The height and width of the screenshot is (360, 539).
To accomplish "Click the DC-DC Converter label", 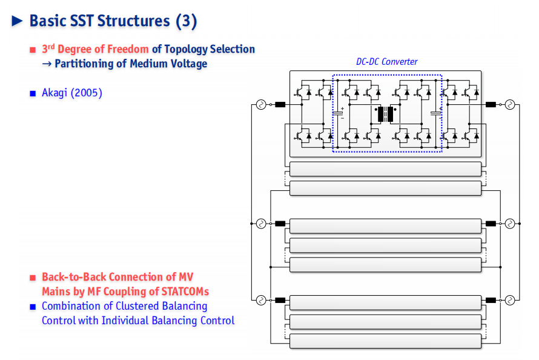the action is pyautogui.click(x=387, y=62).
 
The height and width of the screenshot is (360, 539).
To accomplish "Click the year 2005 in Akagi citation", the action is pyautogui.click(x=86, y=93).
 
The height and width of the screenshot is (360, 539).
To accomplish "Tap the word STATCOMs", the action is pyautogui.click(x=185, y=292).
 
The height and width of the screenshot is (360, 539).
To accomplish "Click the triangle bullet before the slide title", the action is pyautogui.click(x=17, y=21).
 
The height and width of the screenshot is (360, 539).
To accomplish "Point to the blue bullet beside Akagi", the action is pyautogui.click(x=33, y=93).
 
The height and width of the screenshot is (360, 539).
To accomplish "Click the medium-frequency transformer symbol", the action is pyautogui.click(x=385, y=114).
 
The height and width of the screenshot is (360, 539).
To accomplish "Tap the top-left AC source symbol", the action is pyautogui.click(x=261, y=104).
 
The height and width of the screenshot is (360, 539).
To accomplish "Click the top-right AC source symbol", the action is pyautogui.click(x=510, y=104).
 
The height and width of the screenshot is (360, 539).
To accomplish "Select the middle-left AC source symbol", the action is pyautogui.click(x=261, y=224).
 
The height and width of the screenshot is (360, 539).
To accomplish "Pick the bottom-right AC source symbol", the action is pyautogui.click(x=510, y=300).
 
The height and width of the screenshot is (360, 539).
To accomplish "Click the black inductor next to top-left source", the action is pyautogui.click(x=280, y=104).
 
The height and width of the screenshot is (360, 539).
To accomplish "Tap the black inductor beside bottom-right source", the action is pyautogui.click(x=491, y=300).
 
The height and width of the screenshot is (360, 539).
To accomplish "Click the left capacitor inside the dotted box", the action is pyautogui.click(x=337, y=113).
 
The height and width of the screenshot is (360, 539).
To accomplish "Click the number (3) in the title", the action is pyautogui.click(x=187, y=21).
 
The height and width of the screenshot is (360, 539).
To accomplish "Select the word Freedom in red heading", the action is pyautogui.click(x=128, y=49).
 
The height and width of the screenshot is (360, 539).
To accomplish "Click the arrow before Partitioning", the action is pyautogui.click(x=47, y=64).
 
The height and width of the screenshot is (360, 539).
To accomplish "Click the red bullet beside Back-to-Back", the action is pyautogui.click(x=33, y=278).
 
